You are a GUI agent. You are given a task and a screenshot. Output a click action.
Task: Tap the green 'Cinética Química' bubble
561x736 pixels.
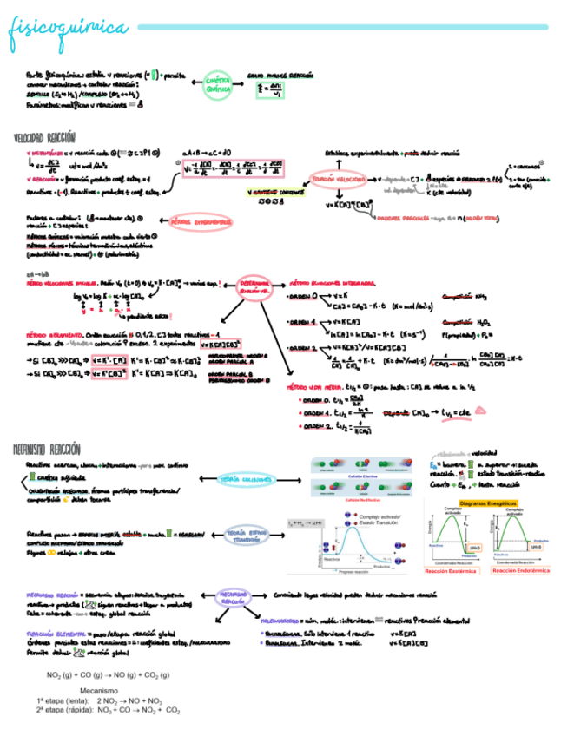(x=218, y=85)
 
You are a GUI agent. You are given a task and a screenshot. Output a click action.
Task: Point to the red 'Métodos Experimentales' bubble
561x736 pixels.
(x=201, y=223)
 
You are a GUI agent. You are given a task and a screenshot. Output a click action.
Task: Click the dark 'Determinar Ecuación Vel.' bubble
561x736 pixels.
(x=254, y=286)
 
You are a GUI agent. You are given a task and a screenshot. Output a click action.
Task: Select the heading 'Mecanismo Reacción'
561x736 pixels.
(x=47, y=449)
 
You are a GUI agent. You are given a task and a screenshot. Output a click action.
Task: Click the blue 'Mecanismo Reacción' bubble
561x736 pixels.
(x=232, y=599)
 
